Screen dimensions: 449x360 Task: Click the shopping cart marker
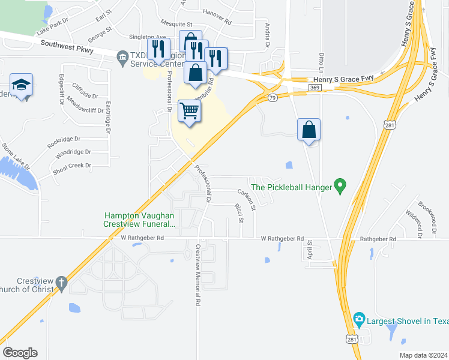click(x=189, y=111)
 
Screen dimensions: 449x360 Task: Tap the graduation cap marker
click(x=21, y=86)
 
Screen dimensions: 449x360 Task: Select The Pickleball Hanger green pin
click(x=339, y=187)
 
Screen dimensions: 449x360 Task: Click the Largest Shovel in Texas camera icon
click(x=359, y=319)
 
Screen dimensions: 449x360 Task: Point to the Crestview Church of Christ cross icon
click(x=61, y=282)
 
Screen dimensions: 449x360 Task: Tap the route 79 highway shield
click(x=273, y=98)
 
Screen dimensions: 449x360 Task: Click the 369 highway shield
click(x=314, y=88)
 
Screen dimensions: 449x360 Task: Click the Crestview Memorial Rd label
click(x=197, y=275)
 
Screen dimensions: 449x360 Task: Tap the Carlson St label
click(x=247, y=200)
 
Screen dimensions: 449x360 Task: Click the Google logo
click(x=20, y=353)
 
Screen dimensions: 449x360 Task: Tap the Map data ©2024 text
click(x=422, y=355)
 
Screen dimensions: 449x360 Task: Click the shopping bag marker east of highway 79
click(x=309, y=130)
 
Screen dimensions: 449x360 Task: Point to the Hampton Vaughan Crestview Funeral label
click(x=139, y=220)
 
